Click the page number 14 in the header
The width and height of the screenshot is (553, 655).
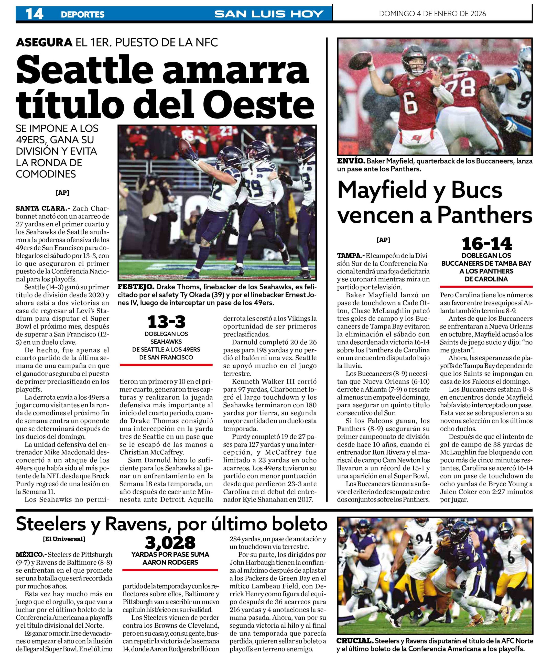click(34, 14)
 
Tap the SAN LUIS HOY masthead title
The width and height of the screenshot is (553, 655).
click(269, 14)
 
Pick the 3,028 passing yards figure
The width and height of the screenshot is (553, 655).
click(170, 542)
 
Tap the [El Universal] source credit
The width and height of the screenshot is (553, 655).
click(64, 539)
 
